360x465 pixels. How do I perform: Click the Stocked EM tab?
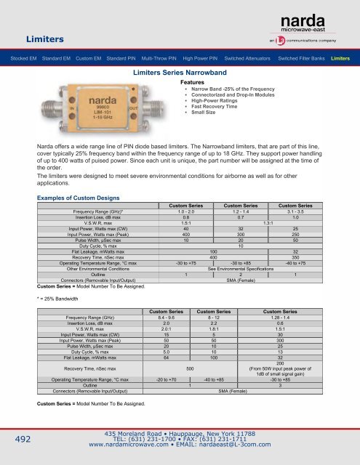[x=20, y=56]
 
